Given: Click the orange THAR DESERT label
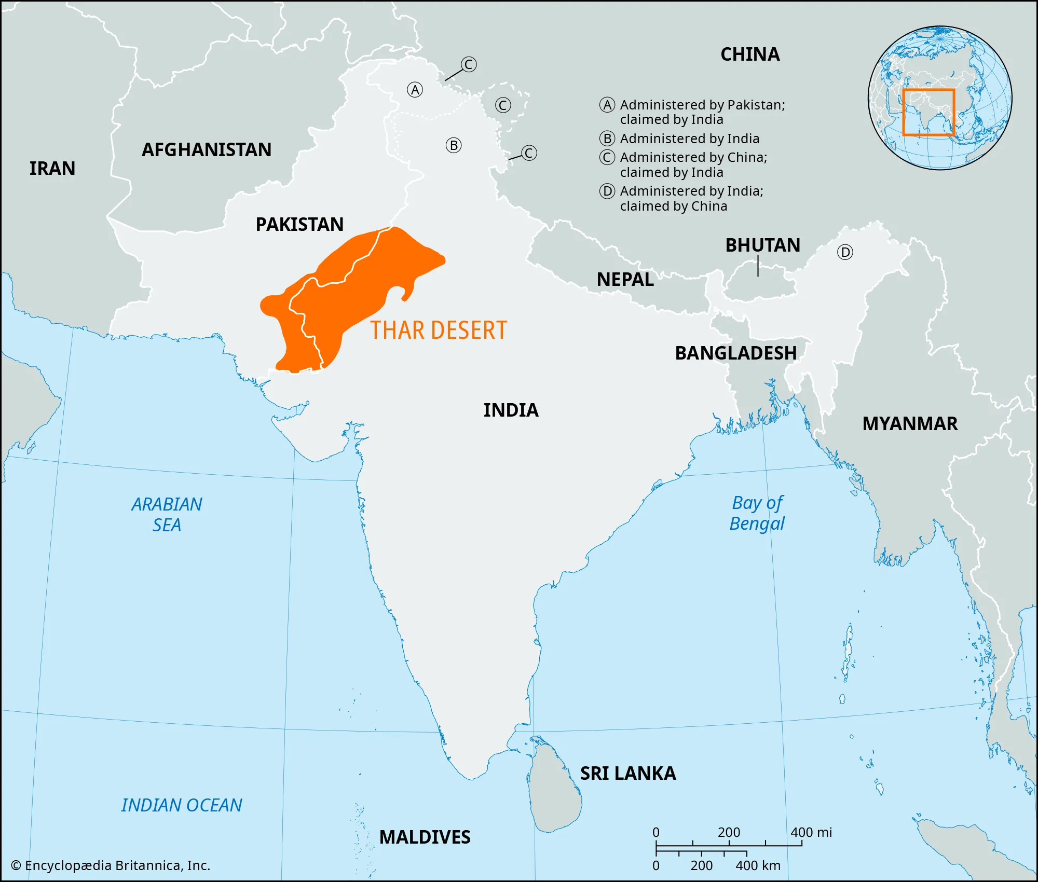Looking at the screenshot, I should point(438,330).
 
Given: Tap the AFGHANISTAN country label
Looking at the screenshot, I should point(207,150).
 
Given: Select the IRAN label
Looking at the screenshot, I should point(52,169).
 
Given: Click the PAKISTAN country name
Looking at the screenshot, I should point(299,225).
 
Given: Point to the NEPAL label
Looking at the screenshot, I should point(625,280).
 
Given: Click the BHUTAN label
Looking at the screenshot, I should point(762,245).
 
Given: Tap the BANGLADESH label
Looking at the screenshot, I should point(735,353).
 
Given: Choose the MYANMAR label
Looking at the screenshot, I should point(910,424).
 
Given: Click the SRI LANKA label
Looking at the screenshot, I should point(628,774).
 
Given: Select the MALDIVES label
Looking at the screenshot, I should point(425,837).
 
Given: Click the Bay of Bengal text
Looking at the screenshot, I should point(757,513).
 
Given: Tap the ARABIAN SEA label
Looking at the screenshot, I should point(167,515).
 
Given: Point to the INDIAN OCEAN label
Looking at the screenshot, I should point(182,805).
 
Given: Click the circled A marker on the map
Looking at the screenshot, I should point(415,90).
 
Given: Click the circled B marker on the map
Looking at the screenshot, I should point(454,145).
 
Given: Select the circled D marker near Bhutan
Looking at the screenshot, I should point(845,253).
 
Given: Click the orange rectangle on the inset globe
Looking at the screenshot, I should point(928,113).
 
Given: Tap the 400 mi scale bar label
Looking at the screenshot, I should point(811,833).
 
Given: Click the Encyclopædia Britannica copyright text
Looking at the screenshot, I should point(111,865).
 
